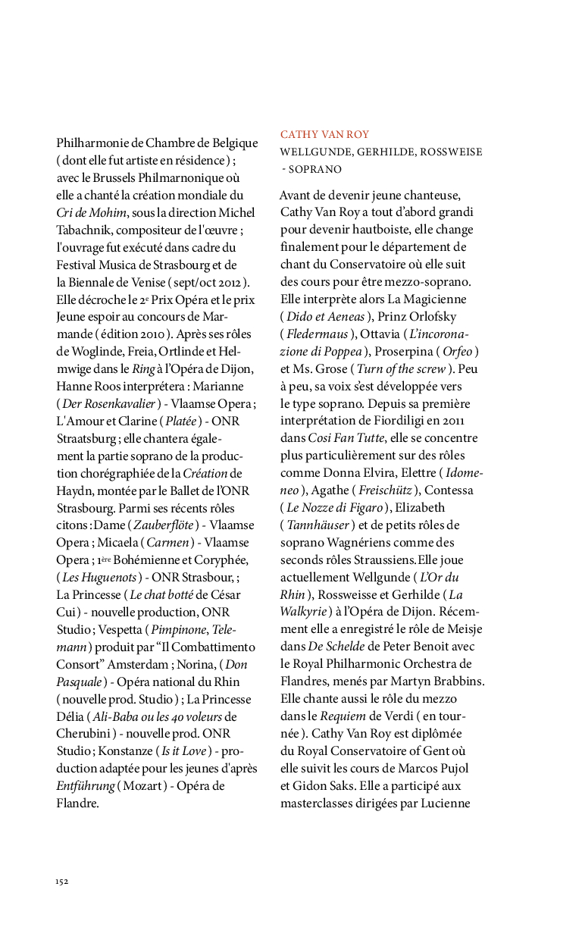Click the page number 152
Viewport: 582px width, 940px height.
pos(62,881)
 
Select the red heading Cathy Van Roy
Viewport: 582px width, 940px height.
pos(324,134)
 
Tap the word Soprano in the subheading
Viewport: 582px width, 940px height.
pos(314,169)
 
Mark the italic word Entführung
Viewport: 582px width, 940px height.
pos(85,787)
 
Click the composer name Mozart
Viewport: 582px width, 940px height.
pos(143,787)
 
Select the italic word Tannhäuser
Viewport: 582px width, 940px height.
pos(318,525)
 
